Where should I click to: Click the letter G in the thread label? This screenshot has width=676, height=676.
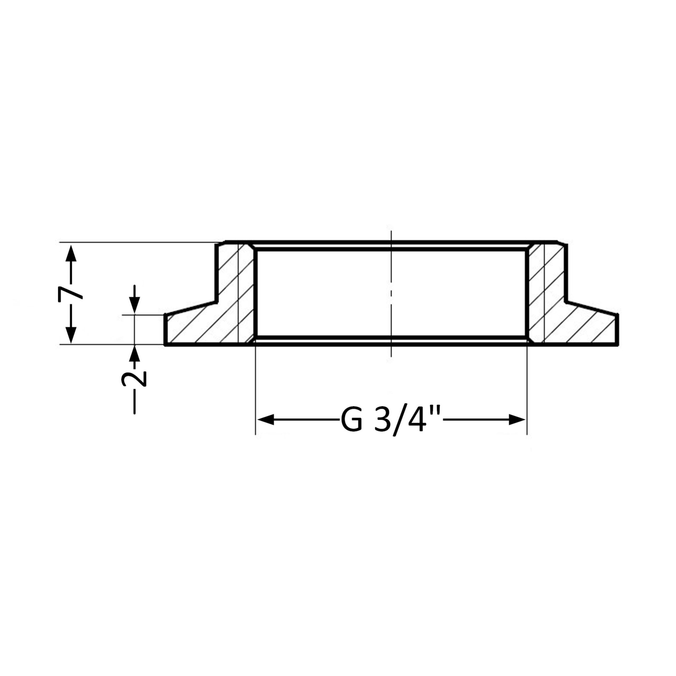click(351, 420)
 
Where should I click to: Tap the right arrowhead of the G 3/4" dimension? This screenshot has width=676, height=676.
click(518, 419)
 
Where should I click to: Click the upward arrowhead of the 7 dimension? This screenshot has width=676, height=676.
click(71, 253)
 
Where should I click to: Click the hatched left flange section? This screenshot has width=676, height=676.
click(210, 322)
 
